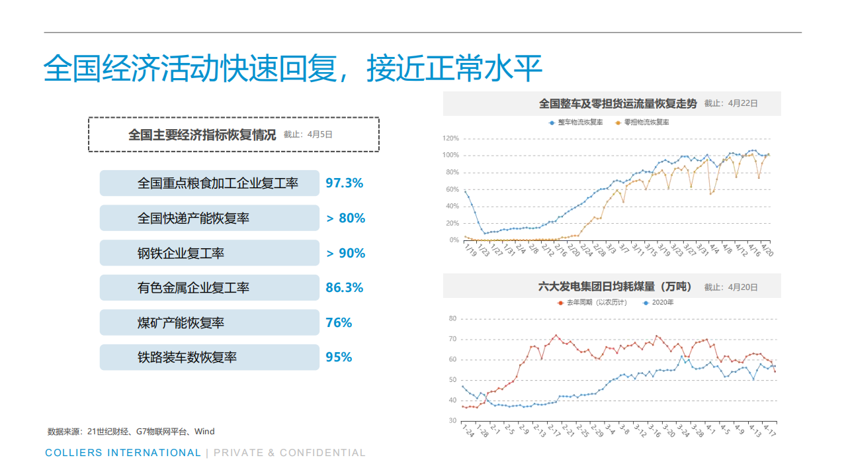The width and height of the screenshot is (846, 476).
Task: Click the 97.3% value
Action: click(x=344, y=183)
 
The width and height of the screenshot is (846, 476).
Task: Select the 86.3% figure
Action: click(x=344, y=288)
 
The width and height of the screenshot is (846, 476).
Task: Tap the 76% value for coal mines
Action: click(x=339, y=323)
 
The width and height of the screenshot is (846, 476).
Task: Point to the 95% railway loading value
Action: click(x=339, y=357)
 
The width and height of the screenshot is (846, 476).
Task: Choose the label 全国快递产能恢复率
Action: click(x=193, y=218)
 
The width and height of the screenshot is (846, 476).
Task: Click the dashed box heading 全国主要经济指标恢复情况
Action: click(x=202, y=135)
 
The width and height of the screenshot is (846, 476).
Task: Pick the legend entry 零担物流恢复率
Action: click(x=646, y=122)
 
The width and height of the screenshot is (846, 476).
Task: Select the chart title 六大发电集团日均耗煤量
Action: click(x=614, y=287)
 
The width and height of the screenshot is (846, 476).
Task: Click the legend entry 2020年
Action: click(x=662, y=303)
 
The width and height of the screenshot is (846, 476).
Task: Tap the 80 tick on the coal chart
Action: click(x=452, y=318)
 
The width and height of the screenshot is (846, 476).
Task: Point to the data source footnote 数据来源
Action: click(x=131, y=432)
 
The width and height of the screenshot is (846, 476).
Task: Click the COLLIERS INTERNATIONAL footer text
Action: click(x=123, y=453)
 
